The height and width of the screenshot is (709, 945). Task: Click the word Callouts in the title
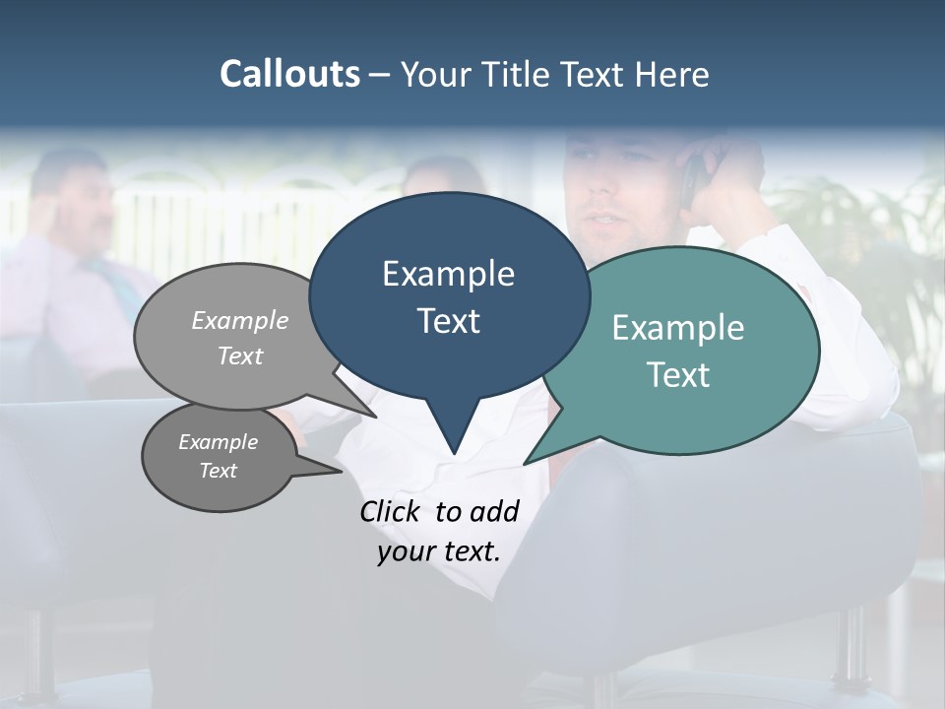(289, 74)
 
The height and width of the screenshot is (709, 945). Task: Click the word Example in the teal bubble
(678, 328)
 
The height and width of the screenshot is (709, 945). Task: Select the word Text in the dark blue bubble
(448, 321)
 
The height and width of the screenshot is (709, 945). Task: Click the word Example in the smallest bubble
(218, 442)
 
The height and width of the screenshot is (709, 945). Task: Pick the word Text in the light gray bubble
(240, 356)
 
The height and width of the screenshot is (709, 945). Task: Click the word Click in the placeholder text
(389, 511)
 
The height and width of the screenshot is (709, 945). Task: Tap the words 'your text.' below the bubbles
(439, 551)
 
